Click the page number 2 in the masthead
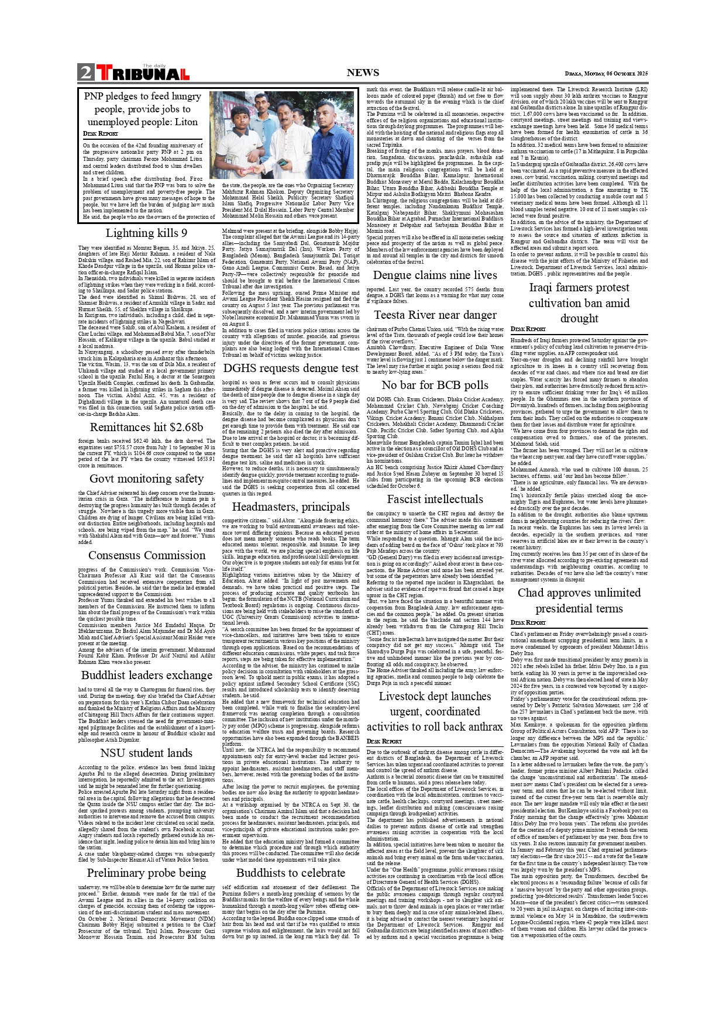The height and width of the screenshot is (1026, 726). point(86,73)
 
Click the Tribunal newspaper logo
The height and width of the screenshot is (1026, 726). point(143,73)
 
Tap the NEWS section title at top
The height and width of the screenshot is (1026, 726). point(363,73)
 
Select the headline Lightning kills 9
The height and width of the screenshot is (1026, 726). point(146,233)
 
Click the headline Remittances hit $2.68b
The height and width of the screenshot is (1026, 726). point(146,427)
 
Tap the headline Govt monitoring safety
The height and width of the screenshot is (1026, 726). point(146,478)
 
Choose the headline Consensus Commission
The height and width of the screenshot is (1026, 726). point(146,555)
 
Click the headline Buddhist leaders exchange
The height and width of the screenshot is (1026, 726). point(146,675)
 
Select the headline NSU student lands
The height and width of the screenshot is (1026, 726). point(146,753)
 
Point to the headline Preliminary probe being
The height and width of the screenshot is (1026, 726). point(146,873)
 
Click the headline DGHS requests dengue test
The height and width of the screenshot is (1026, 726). point(291,368)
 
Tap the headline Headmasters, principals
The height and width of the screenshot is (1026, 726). point(291,507)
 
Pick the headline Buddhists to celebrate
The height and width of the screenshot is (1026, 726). point(291,873)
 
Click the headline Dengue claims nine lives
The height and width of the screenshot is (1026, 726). point(435,275)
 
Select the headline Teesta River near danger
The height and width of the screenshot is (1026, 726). point(435,315)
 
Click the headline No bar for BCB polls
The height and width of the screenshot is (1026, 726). point(435,385)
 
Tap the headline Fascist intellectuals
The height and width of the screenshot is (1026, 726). point(435,499)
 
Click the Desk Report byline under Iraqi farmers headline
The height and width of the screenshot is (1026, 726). point(527,329)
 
